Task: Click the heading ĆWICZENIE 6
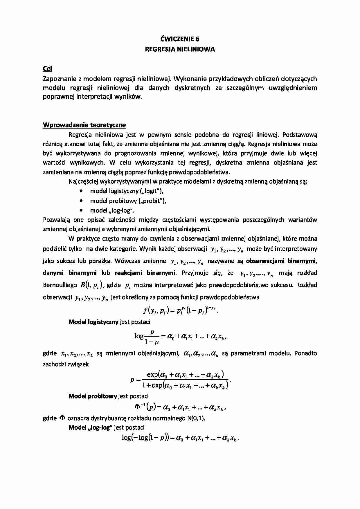(180, 39)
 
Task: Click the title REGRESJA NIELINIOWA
(180, 49)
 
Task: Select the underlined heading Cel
(47, 69)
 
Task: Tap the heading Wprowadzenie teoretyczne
(84, 125)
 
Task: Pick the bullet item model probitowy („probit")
(128, 201)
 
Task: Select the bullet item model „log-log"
(112, 210)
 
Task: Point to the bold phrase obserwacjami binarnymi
(281, 261)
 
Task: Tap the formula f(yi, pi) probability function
(180, 311)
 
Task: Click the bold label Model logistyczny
(93, 322)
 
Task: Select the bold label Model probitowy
(93, 396)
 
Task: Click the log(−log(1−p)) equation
(180, 438)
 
